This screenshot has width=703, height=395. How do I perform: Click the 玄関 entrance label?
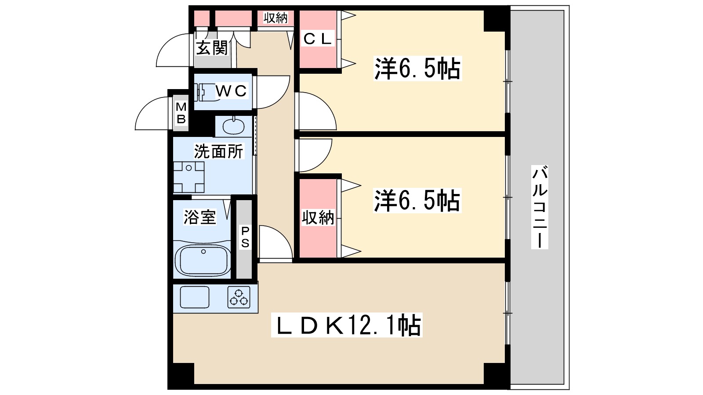tap(212, 47)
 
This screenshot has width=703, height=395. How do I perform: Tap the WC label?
tap(231, 91)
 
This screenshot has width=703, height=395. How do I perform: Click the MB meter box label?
tap(181, 113)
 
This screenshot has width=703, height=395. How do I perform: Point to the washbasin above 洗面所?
tap(233, 126)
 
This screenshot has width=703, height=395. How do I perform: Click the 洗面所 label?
tap(218, 151)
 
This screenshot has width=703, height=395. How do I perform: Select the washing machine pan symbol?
tap(188, 177)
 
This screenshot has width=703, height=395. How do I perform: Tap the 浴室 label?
tap(200, 217)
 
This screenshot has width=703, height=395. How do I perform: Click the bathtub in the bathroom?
tap(203, 259)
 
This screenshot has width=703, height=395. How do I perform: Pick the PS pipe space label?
tap(245, 237)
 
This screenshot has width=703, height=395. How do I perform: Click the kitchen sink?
tap(195, 297)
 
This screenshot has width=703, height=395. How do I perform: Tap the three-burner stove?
tap(239, 297)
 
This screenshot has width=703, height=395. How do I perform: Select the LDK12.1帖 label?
tap(347, 325)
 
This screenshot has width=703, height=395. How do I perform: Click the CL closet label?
tap(317, 39)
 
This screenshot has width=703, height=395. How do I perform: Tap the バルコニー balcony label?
tap(540, 206)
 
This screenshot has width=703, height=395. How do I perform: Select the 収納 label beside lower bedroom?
tap(318, 217)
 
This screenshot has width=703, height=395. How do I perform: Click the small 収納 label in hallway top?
tap(275, 18)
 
